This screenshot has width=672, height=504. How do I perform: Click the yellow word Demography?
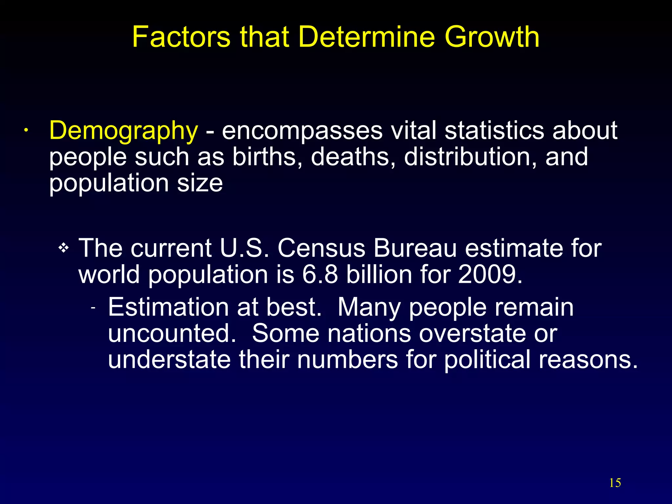[x=123, y=131]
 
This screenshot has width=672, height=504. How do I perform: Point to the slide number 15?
[x=615, y=483]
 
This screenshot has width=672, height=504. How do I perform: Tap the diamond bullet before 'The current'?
[x=63, y=248]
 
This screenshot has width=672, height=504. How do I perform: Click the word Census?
[x=322, y=248]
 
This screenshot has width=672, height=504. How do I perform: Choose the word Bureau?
[x=415, y=248]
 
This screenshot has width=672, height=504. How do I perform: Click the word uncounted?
[x=172, y=333]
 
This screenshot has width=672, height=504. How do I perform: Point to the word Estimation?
[x=168, y=307]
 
